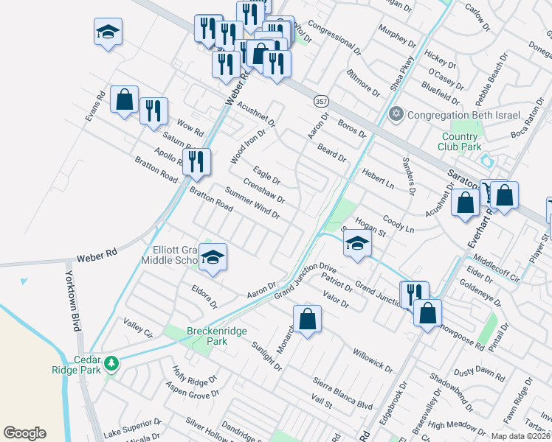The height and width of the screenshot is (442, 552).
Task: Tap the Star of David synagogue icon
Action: (397, 115)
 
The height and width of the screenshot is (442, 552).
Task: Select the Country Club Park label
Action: (461, 141)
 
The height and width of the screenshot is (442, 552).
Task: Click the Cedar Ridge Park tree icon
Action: (111, 362)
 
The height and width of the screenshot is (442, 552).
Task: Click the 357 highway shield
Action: (320, 100)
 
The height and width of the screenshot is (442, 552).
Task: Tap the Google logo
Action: (24, 433)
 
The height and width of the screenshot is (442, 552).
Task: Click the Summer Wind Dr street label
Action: (252, 204)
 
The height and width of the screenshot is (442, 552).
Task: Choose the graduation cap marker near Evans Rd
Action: (108, 32)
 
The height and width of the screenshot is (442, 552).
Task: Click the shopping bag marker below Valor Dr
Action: (308, 320)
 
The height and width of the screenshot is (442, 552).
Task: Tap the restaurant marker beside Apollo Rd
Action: (196, 162)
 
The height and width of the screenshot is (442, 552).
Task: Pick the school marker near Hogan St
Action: (357, 244)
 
